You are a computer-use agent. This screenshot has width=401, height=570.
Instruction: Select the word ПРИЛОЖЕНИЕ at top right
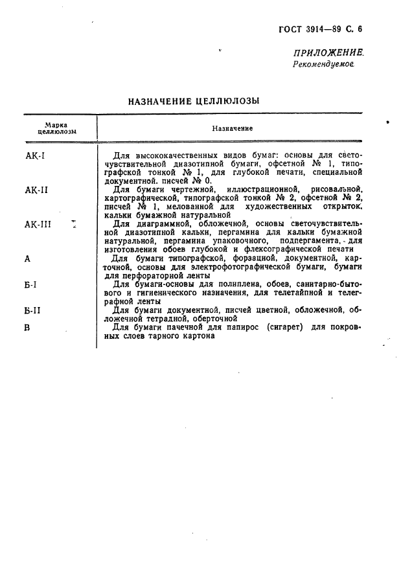[x=328, y=53]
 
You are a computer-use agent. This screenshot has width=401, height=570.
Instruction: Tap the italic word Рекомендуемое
[x=323, y=64]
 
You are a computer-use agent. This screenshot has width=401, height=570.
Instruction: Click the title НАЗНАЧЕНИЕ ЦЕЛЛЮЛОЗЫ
[x=194, y=101]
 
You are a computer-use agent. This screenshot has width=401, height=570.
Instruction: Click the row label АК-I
[x=34, y=156]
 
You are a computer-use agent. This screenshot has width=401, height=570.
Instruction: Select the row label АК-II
[x=36, y=190]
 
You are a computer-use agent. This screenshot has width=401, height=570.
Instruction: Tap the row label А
[x=27, y=258]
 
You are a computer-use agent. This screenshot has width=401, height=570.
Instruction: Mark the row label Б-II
[x=33, y=310]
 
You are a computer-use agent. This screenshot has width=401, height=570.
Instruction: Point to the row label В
[x=27, y=327]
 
